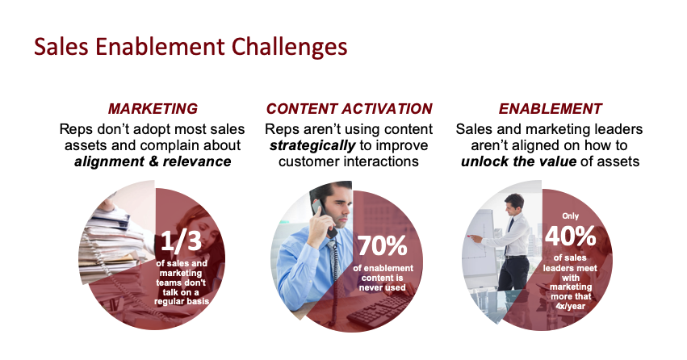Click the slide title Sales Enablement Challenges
(x=191, y=48)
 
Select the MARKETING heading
(x=153, y=109)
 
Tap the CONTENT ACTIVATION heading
(x=350, y=109)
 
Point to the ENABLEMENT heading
(x=551, y=109)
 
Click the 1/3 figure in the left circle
(x=181, y=241)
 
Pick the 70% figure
(x=383, y=245)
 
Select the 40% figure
(x=571, y=236)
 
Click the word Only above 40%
(x=571, y=216)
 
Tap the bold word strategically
(x=312, y=145)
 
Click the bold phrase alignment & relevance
(x=153, y=161)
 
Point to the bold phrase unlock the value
(x=518, y=161)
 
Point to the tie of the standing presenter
(x=509, y=232)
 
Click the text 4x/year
(x=571, y=306)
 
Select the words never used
(x=382, y=287)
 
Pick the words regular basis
(x=182, y=301)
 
